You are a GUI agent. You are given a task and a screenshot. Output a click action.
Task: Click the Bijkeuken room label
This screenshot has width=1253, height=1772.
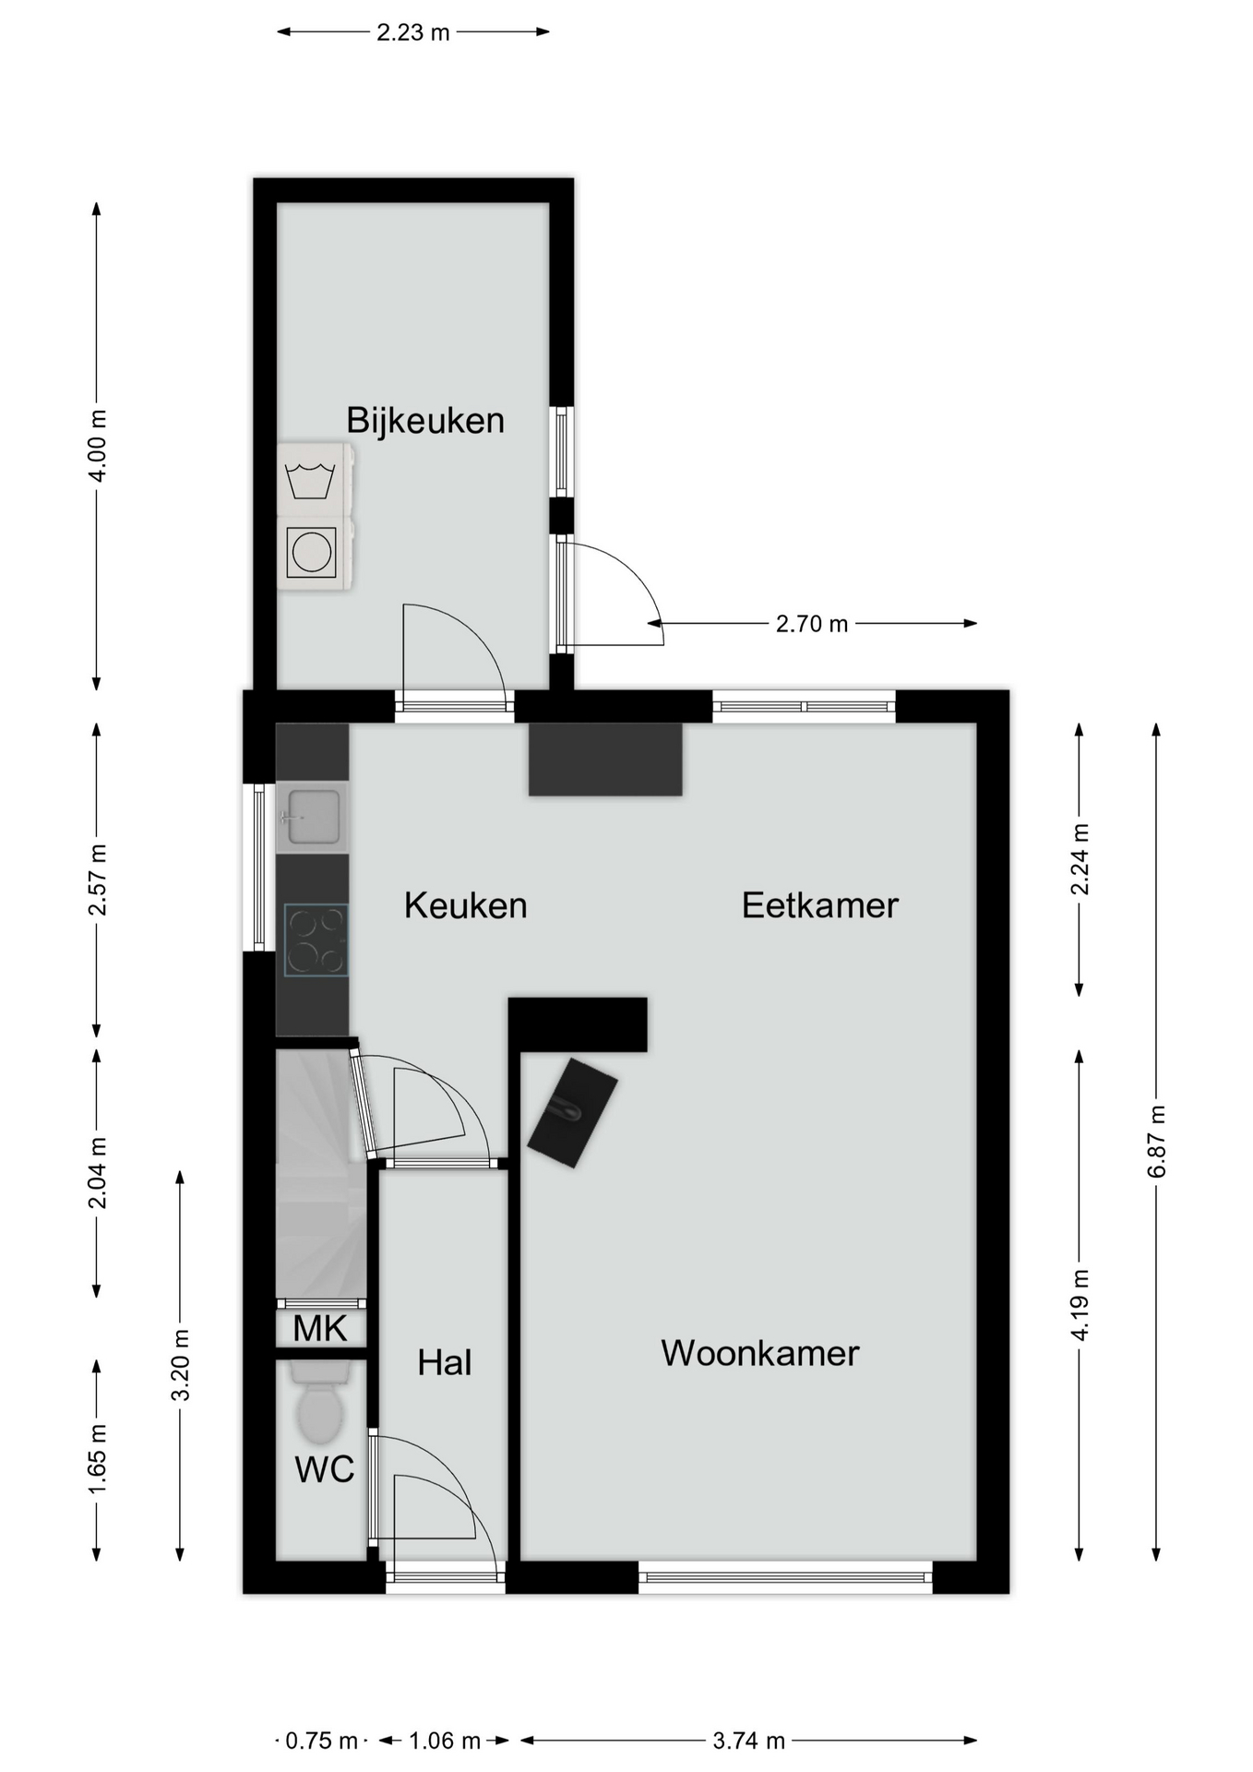tap(425, 421)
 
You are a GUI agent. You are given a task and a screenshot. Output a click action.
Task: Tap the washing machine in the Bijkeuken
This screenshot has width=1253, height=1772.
tap(315, 479)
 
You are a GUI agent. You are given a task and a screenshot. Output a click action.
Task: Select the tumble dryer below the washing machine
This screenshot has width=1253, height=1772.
tap(315, 553)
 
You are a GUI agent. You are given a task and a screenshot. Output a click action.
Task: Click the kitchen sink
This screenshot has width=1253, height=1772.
tap(313, 817)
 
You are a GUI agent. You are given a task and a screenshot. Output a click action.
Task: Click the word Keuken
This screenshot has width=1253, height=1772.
tap(466, 905)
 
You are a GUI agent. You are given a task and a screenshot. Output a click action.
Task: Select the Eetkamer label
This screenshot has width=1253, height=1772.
tap(820, 905)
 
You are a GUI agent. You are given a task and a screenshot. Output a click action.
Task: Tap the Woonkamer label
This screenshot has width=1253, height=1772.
tap(760, 1353)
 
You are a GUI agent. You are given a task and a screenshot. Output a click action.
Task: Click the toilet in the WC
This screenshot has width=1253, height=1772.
tap(320, 1402)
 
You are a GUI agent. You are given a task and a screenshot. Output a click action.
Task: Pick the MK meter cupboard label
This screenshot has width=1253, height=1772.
tap(320, 1329)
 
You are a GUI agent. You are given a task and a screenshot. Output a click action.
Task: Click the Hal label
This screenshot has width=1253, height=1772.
tap(445, 1362)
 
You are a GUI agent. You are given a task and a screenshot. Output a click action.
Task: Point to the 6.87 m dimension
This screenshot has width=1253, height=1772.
tap(1157, 1141)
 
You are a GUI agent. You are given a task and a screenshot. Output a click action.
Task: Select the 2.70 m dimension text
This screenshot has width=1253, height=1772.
tap(812, 624)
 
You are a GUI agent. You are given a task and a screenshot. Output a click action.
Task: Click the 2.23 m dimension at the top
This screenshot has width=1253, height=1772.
tap(413, 32)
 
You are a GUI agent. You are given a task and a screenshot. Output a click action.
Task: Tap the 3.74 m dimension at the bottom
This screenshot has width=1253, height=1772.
tap(748, 1741)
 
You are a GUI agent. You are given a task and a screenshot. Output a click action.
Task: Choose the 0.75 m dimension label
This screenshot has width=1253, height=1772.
tap(321, 1741)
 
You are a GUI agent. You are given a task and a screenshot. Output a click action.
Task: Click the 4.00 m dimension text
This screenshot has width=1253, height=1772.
tap(97, 445)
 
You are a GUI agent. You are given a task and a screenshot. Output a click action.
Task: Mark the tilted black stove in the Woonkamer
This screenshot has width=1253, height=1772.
tap(572, 1112)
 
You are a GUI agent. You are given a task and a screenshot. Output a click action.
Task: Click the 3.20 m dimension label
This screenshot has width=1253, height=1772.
tap(181, 1365)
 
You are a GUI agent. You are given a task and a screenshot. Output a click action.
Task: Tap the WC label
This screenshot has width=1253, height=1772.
tap(325, 1469)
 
